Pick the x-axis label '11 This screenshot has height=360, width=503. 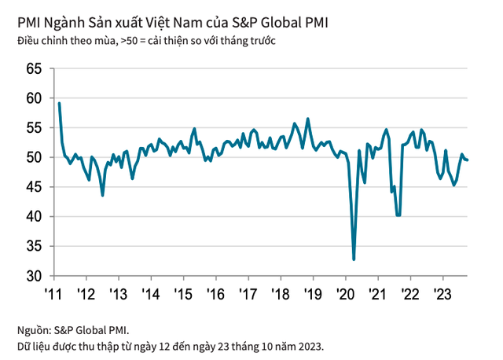53,295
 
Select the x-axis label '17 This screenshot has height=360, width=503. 248,295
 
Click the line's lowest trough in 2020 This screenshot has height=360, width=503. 354,259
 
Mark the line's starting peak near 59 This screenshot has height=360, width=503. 59,104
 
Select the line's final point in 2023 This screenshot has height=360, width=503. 468,160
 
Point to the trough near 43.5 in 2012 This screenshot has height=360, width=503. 103,195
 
